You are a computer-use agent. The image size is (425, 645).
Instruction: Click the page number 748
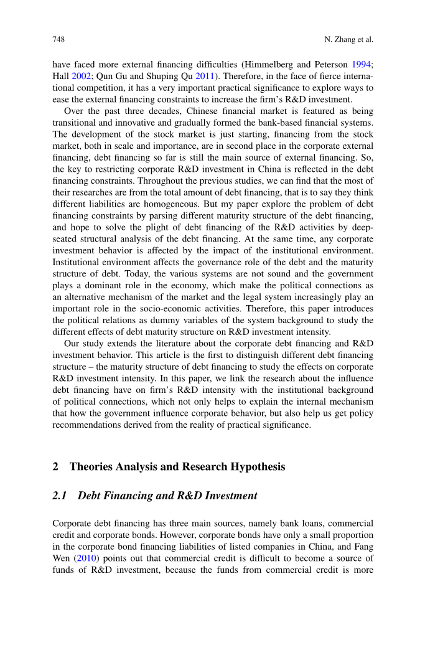59,40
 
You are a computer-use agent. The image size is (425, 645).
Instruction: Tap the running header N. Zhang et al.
348,40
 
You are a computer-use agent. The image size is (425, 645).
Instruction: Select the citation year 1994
362,64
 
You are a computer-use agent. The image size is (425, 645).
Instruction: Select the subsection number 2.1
60,496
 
